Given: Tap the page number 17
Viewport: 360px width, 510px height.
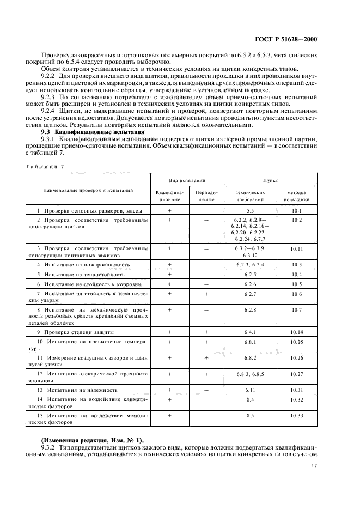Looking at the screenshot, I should tap(314, 466).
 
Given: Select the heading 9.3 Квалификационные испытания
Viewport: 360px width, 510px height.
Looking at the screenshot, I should tap(93, 132).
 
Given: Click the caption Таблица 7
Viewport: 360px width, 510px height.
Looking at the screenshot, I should tap(45, 167).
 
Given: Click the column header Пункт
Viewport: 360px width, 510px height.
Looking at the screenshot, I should tap(270, 179).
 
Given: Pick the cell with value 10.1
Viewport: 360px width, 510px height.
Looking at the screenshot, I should tap(296, 210).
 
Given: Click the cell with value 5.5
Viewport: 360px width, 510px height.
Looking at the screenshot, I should tap(251, 210).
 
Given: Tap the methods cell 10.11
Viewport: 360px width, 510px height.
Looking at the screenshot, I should tap(296, 248).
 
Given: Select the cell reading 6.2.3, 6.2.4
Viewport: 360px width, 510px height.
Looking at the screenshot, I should tap(251, 264).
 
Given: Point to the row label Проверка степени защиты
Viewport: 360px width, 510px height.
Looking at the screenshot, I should tap(79, 332).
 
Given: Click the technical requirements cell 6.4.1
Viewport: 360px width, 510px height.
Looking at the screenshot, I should tap(251, 332).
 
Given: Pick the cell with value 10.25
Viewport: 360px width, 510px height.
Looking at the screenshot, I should tap(296, 342).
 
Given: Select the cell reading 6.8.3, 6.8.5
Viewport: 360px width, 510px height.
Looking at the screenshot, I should tap(251, 374).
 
